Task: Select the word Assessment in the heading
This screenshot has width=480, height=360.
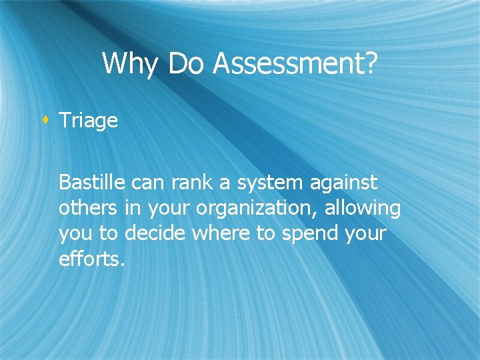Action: [288, 64]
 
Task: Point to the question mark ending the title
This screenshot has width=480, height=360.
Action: [371, 64]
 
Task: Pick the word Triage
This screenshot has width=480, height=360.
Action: [88, 121]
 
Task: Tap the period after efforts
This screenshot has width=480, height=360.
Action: [122, 265]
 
